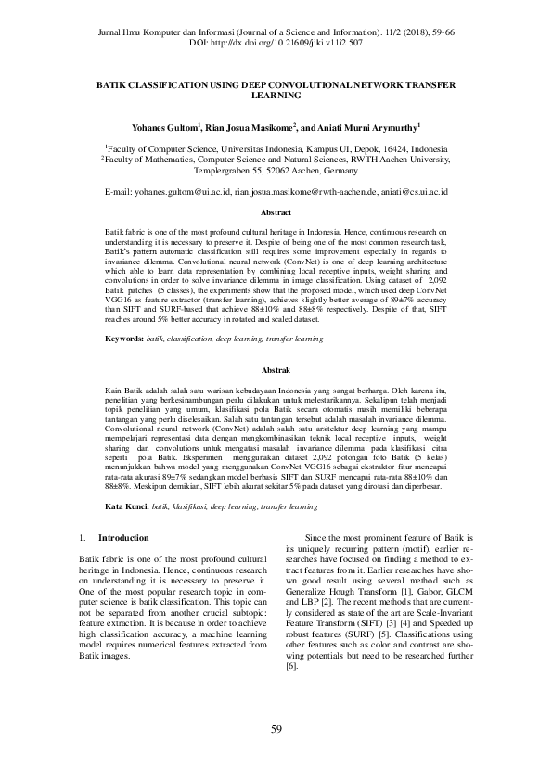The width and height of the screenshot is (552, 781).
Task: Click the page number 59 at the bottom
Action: [276, 728]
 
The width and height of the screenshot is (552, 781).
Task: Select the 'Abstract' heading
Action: [276, 212]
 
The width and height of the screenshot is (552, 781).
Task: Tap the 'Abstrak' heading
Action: [276, 369]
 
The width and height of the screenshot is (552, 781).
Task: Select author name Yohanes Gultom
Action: [166, 126]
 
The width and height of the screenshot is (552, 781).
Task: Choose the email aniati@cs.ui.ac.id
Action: [415, 190]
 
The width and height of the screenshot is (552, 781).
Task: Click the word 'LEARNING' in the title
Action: [276, 95]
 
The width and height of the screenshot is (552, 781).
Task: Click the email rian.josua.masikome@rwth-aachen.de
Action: [306, 190]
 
